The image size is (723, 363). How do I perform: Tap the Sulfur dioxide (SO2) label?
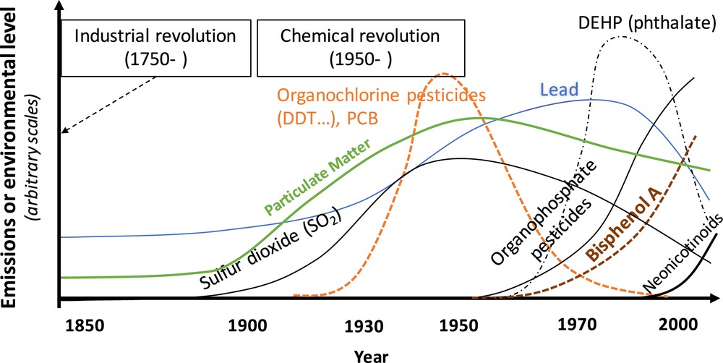tap(271, 252)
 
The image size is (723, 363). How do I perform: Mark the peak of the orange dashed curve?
tap(442, 73)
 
